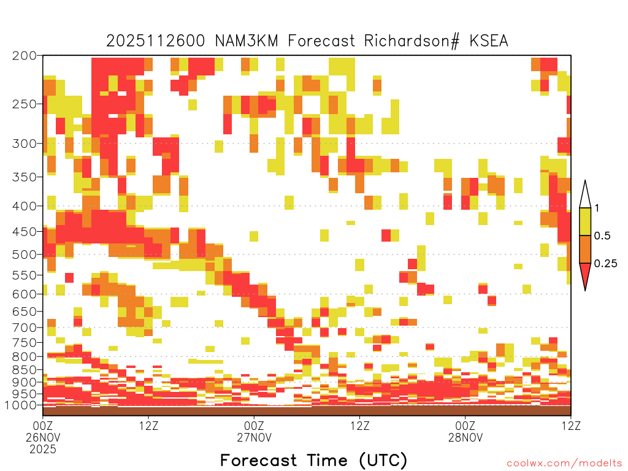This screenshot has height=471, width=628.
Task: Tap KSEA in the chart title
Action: (x=489, y=41)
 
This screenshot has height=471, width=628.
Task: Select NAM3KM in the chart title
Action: (x=247, y=41)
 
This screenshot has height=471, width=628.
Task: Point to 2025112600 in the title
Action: (x=155, y=41)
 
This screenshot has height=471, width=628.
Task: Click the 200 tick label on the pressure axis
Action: (x=24, y=56)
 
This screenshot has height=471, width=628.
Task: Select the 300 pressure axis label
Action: (x=24, y=144)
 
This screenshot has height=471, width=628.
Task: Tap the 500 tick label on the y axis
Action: (x=24, y=255)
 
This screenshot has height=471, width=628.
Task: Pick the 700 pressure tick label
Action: (x=24, y=327)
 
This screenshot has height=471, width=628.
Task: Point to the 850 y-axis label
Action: (x=24, y=370)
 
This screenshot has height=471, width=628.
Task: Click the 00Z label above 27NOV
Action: (x=254, y=426)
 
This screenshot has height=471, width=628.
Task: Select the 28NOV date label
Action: (x=465, y=437)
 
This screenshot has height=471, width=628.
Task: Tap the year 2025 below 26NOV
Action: (x=43, y=450)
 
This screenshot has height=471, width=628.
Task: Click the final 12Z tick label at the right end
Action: (x=571, y=426)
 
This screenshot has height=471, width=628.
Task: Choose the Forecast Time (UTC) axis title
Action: (x=313, y=460)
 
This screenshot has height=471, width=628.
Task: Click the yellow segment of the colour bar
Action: (x=585, y=221)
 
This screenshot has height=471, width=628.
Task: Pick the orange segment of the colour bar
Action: (x=585, y=249)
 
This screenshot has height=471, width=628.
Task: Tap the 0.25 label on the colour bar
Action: (x=605, y=263)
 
